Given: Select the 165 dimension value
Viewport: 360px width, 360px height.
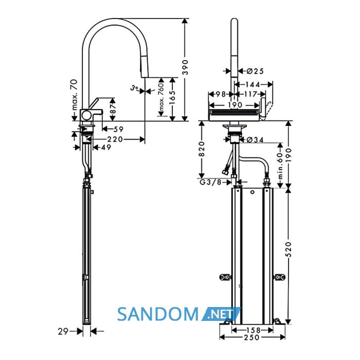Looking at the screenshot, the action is coord(172,97).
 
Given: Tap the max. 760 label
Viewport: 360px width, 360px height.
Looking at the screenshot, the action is coord(161,97).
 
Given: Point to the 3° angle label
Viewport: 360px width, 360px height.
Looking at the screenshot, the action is coord(135,88).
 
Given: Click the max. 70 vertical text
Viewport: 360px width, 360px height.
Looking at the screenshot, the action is coord(75,95).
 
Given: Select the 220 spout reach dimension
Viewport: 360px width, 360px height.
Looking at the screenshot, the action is coord(115,139).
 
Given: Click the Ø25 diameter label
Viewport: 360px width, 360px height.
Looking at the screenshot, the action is coord(255,71).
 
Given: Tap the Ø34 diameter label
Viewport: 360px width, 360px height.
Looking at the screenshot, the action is coord(255,139).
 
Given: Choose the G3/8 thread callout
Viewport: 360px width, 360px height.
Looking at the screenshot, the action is coord(210,182).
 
